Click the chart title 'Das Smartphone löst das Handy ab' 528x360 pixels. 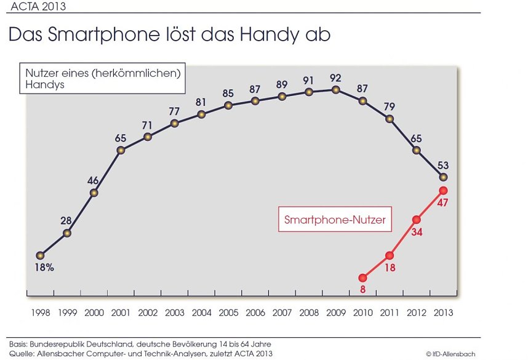169,34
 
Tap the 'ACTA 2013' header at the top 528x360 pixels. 37,7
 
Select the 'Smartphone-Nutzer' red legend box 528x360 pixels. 335,219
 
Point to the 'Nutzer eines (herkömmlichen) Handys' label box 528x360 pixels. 102,79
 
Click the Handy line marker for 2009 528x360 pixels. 335,90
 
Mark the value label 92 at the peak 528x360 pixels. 335,78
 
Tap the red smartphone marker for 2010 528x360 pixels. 362,278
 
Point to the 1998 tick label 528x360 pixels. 40,313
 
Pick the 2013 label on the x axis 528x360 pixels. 442,313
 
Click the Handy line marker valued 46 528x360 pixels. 94,193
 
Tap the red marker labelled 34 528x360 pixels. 417,220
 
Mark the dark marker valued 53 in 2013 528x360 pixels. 443,177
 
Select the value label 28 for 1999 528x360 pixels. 66,221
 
